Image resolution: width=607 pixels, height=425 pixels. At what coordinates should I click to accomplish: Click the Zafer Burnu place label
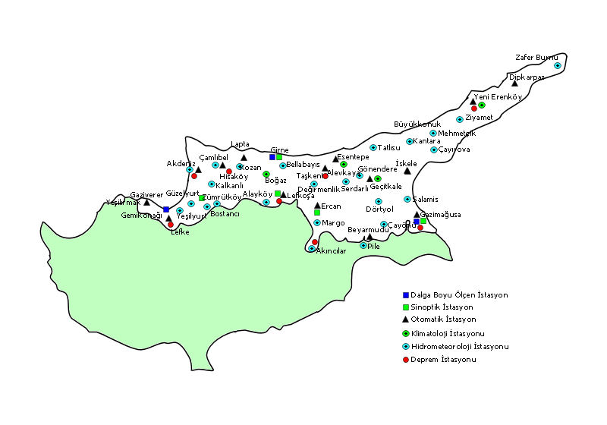pyautogui.click(x=536, y=57)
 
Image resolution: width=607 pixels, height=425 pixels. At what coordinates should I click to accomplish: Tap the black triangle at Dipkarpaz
pyautogui.click(x=515, y=83)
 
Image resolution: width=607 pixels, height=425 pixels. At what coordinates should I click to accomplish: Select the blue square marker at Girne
pyautogui.click(x=272, y=157)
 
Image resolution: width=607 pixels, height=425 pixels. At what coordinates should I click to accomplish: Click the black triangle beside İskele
pyautogui.click(x=407, y=171)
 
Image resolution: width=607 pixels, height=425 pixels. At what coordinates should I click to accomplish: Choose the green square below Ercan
pyautogui.click(x=316, y=212)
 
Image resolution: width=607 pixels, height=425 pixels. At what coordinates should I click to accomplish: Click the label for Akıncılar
pyautogui.click(x=331, y=250)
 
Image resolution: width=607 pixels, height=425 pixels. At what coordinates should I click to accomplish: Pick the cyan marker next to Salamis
pyautogui.click(x=407, y=199)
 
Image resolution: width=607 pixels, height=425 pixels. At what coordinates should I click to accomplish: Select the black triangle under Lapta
pyautogui.click(x=244, y=158)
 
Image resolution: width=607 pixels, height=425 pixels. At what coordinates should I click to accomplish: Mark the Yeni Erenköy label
pyautogui.click(x=498, y=96)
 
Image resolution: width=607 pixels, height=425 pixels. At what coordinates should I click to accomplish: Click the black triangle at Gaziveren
pyautogui.click(x=146, y=202)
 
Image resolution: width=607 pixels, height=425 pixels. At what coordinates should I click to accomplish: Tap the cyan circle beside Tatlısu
pyautogui.click(x=373, y=148)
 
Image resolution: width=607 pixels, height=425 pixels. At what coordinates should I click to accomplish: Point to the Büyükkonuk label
pyautogui.click(x=417, y=124)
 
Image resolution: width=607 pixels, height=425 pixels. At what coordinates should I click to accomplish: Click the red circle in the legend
pyautogui.click(x=406, y=360)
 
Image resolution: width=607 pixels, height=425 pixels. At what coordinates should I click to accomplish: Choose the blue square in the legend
pyautogui.click(x=406, y=294)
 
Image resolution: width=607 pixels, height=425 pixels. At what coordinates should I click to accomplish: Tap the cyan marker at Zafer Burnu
pyautogui.click(x=557, y=65)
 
